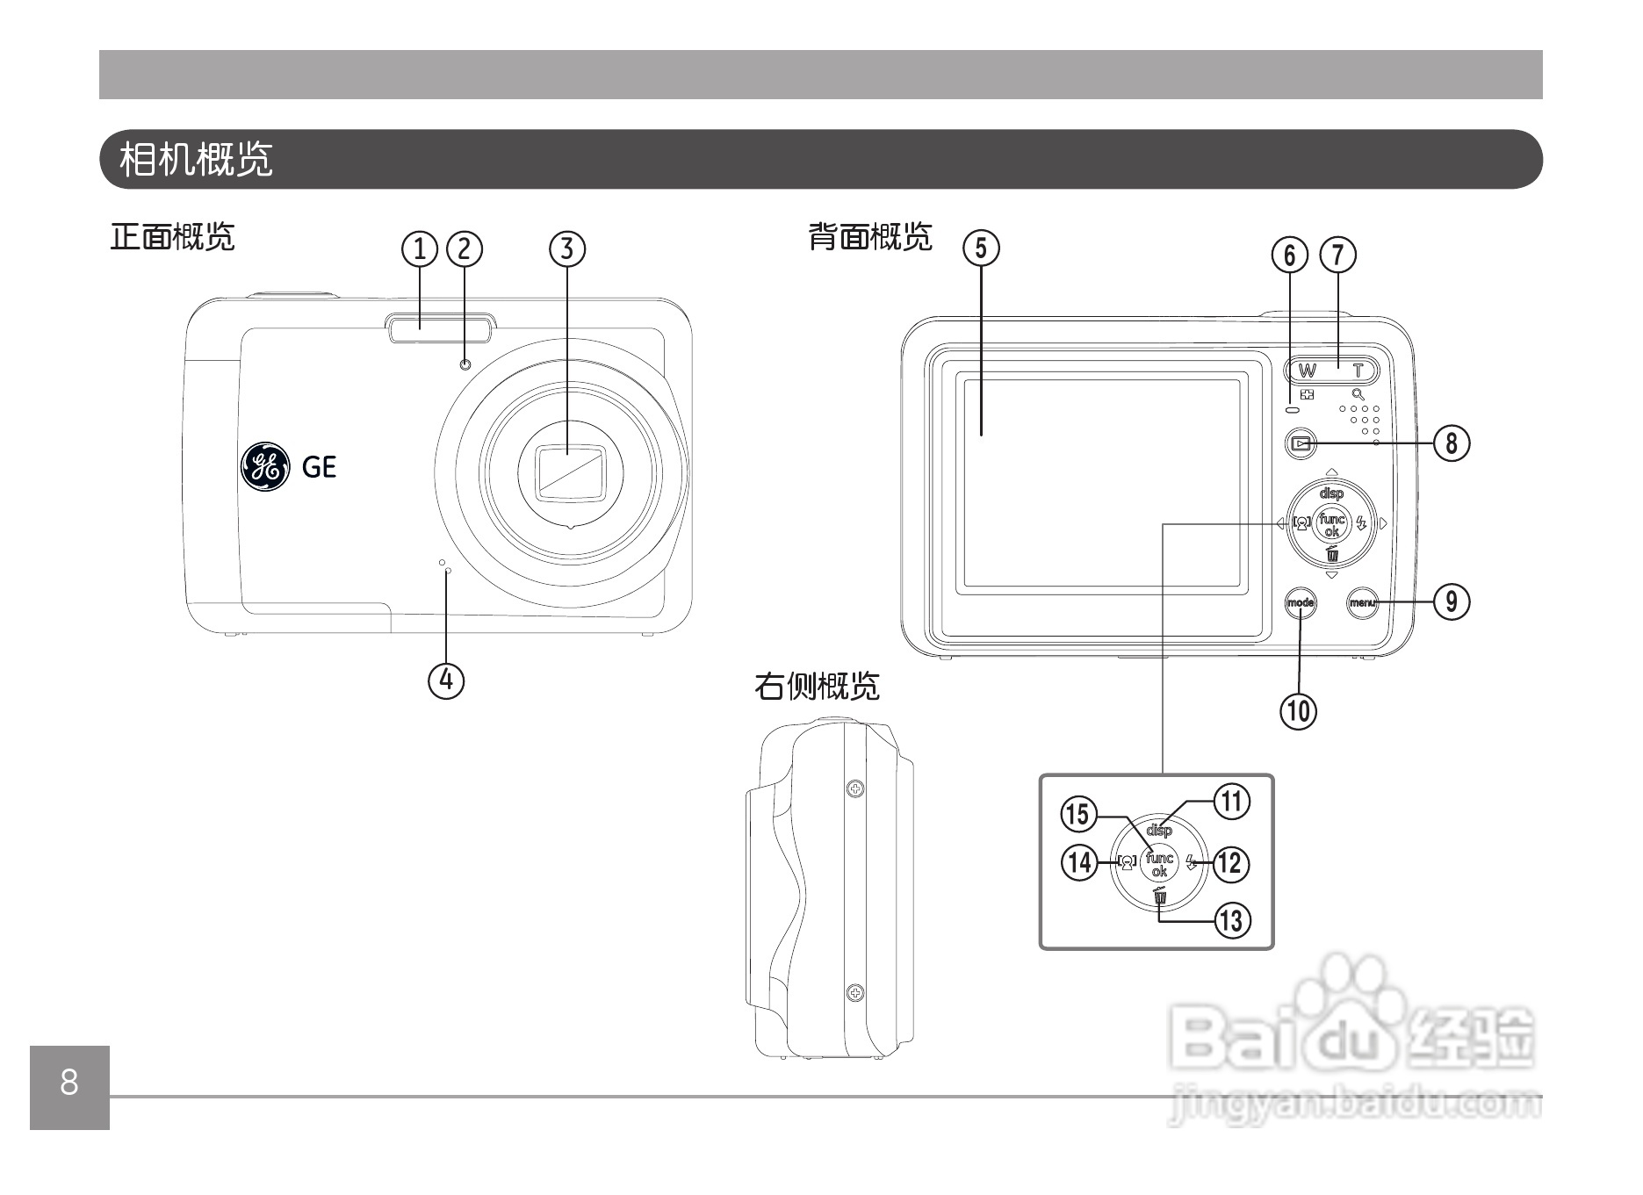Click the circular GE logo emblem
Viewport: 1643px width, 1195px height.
coord(264,466)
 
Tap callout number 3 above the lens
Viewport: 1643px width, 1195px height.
coord(567,248)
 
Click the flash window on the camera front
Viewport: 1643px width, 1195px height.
coord(439,329)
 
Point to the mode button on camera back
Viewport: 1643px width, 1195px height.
coord(1301,602)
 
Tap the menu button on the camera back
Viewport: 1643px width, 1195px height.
coord(1362,602)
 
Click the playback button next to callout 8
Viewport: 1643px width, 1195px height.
coord(1301,443)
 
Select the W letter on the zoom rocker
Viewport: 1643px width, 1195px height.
coord(1308,371)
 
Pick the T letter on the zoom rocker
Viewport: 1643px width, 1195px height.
coord(1358,371)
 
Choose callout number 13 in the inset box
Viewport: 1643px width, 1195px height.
coord(1231,920)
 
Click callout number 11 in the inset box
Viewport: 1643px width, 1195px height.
coord(1231,801)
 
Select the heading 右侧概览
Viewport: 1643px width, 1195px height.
coord(817,687)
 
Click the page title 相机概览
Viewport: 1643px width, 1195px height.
coord(197,160)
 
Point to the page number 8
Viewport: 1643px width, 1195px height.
coord(69,1083)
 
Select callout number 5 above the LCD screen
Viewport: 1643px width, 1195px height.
coord(981,248)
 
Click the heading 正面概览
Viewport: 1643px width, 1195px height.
coord(172,237)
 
